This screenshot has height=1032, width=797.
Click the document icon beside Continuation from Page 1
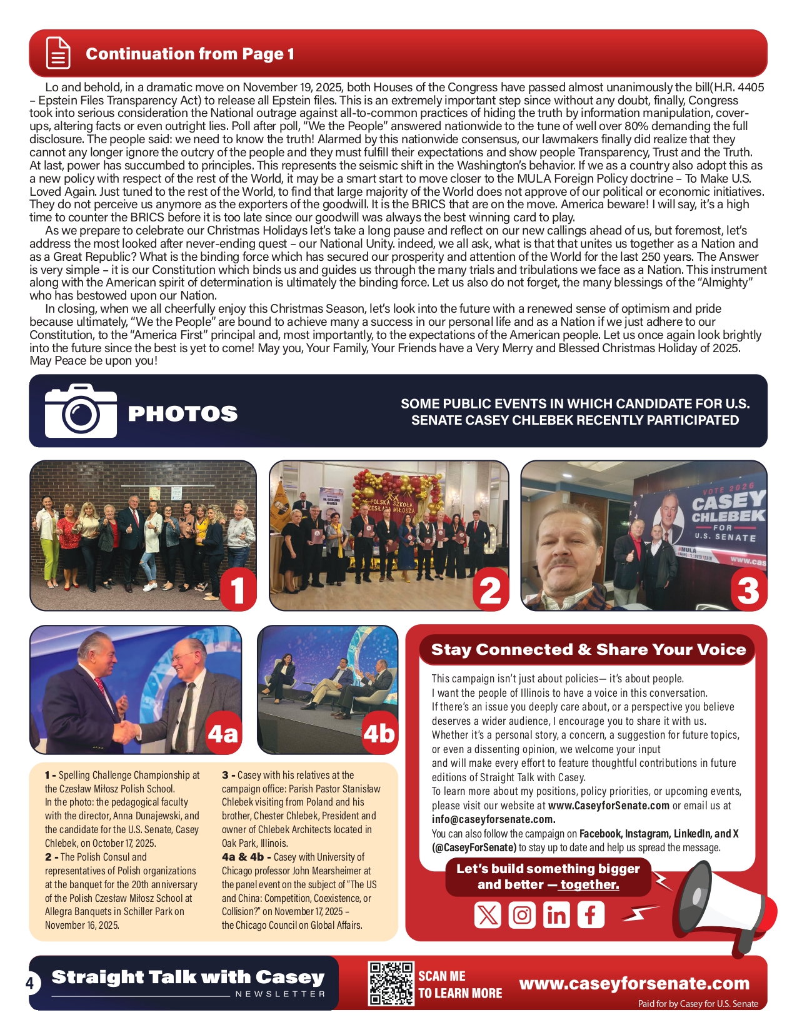(x=58, y=53)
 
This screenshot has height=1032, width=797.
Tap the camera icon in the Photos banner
(x=81, y=411)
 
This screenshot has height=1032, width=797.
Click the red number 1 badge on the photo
(x=238, y=590)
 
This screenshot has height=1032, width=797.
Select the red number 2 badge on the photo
(x=490, y=590)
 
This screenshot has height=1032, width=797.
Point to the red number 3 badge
(x=748, y=590)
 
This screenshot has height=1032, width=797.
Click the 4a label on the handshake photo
(x=223, y=733)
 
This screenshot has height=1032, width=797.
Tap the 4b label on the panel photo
(x=379, y=733)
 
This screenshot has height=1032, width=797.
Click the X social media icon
(x=488, y=915)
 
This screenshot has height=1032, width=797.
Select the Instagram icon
(x=522, y=915)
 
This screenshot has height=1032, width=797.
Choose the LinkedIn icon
(x=556, y=915)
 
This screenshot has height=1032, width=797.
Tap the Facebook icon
(x=590, y=915)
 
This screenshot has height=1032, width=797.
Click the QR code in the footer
(x=391, y=983)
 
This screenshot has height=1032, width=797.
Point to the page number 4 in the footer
(x=29, y=983)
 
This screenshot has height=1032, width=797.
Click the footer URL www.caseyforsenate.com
(x=634, y=983)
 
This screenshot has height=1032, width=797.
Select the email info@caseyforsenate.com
(x=493, y=819)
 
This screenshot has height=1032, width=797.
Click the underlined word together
(x=589, y=884)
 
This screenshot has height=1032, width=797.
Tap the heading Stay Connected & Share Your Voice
(x=588, y=649)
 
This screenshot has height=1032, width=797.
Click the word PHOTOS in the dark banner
(x=183, y=413)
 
